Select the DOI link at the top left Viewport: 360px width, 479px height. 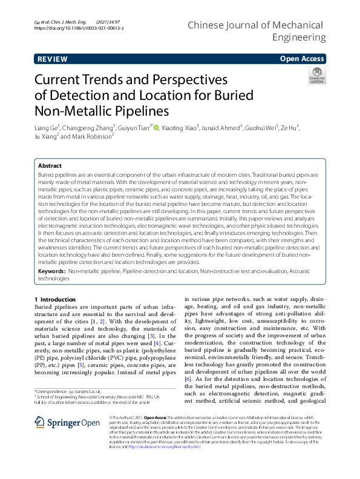tap(79, 28)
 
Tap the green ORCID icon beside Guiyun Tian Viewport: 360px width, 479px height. tap(156, 128)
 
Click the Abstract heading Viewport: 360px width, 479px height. tap(50, 165)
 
